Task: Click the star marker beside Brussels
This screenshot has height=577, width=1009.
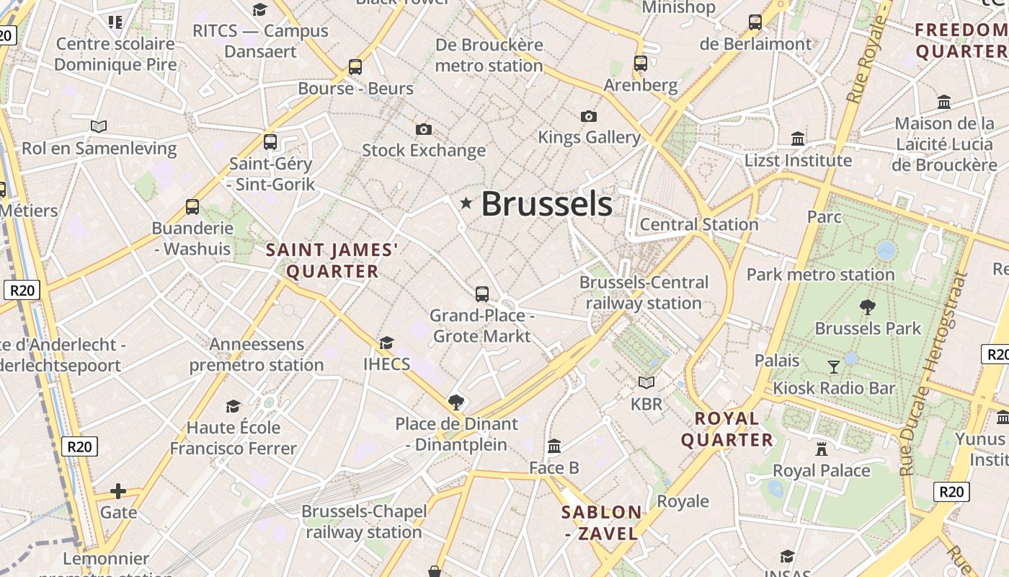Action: pyautogui.click(x=466, y=203)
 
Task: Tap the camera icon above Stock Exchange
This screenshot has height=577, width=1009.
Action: pyautogui.click(x=424, y=129)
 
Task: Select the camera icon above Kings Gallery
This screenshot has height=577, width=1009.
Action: pyautogui.click(x=589, y=116)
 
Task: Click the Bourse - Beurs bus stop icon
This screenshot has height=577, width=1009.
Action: pyautogui.click(x=355, y=67)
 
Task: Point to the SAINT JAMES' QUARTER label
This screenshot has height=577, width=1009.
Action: pyautogui.click(x=332, y=260)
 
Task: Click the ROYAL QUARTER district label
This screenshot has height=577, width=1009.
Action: pyautogui.click(x=727, y=429)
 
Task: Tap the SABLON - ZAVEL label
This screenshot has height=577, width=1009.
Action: pyautogui.click(x=601, y=523)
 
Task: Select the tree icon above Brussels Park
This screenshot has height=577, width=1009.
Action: pyautogui.click(x=868, y=307)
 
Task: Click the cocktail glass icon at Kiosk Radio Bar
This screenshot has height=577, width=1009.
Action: pyautogui.click(x=834, y=367)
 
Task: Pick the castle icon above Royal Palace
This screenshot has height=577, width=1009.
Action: pyautogui.click(x=821, y=449)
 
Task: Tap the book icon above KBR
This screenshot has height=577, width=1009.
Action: pyautogui.click(x=646, y=382)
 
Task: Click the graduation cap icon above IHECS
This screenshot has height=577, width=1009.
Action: pyautogui.click(x=387, y=343)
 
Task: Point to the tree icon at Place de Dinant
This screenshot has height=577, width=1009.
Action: pyautogui.click(x=455, y=402)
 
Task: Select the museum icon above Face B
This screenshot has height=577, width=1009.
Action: pyautogui.click(x=554, y=446)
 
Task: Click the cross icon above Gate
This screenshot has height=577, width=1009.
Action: pyautogui.click(x=118, y=491)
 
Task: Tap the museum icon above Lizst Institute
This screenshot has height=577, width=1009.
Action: pyautogui.click(x=798, y=138)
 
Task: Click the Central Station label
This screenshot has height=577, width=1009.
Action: pyautogui.click(x=699, y=224)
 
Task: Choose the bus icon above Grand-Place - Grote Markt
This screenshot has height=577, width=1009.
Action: pyautogui.click(x=482, y=294)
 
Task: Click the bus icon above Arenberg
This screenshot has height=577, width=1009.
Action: pyautogui.click(x=641, y=63)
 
